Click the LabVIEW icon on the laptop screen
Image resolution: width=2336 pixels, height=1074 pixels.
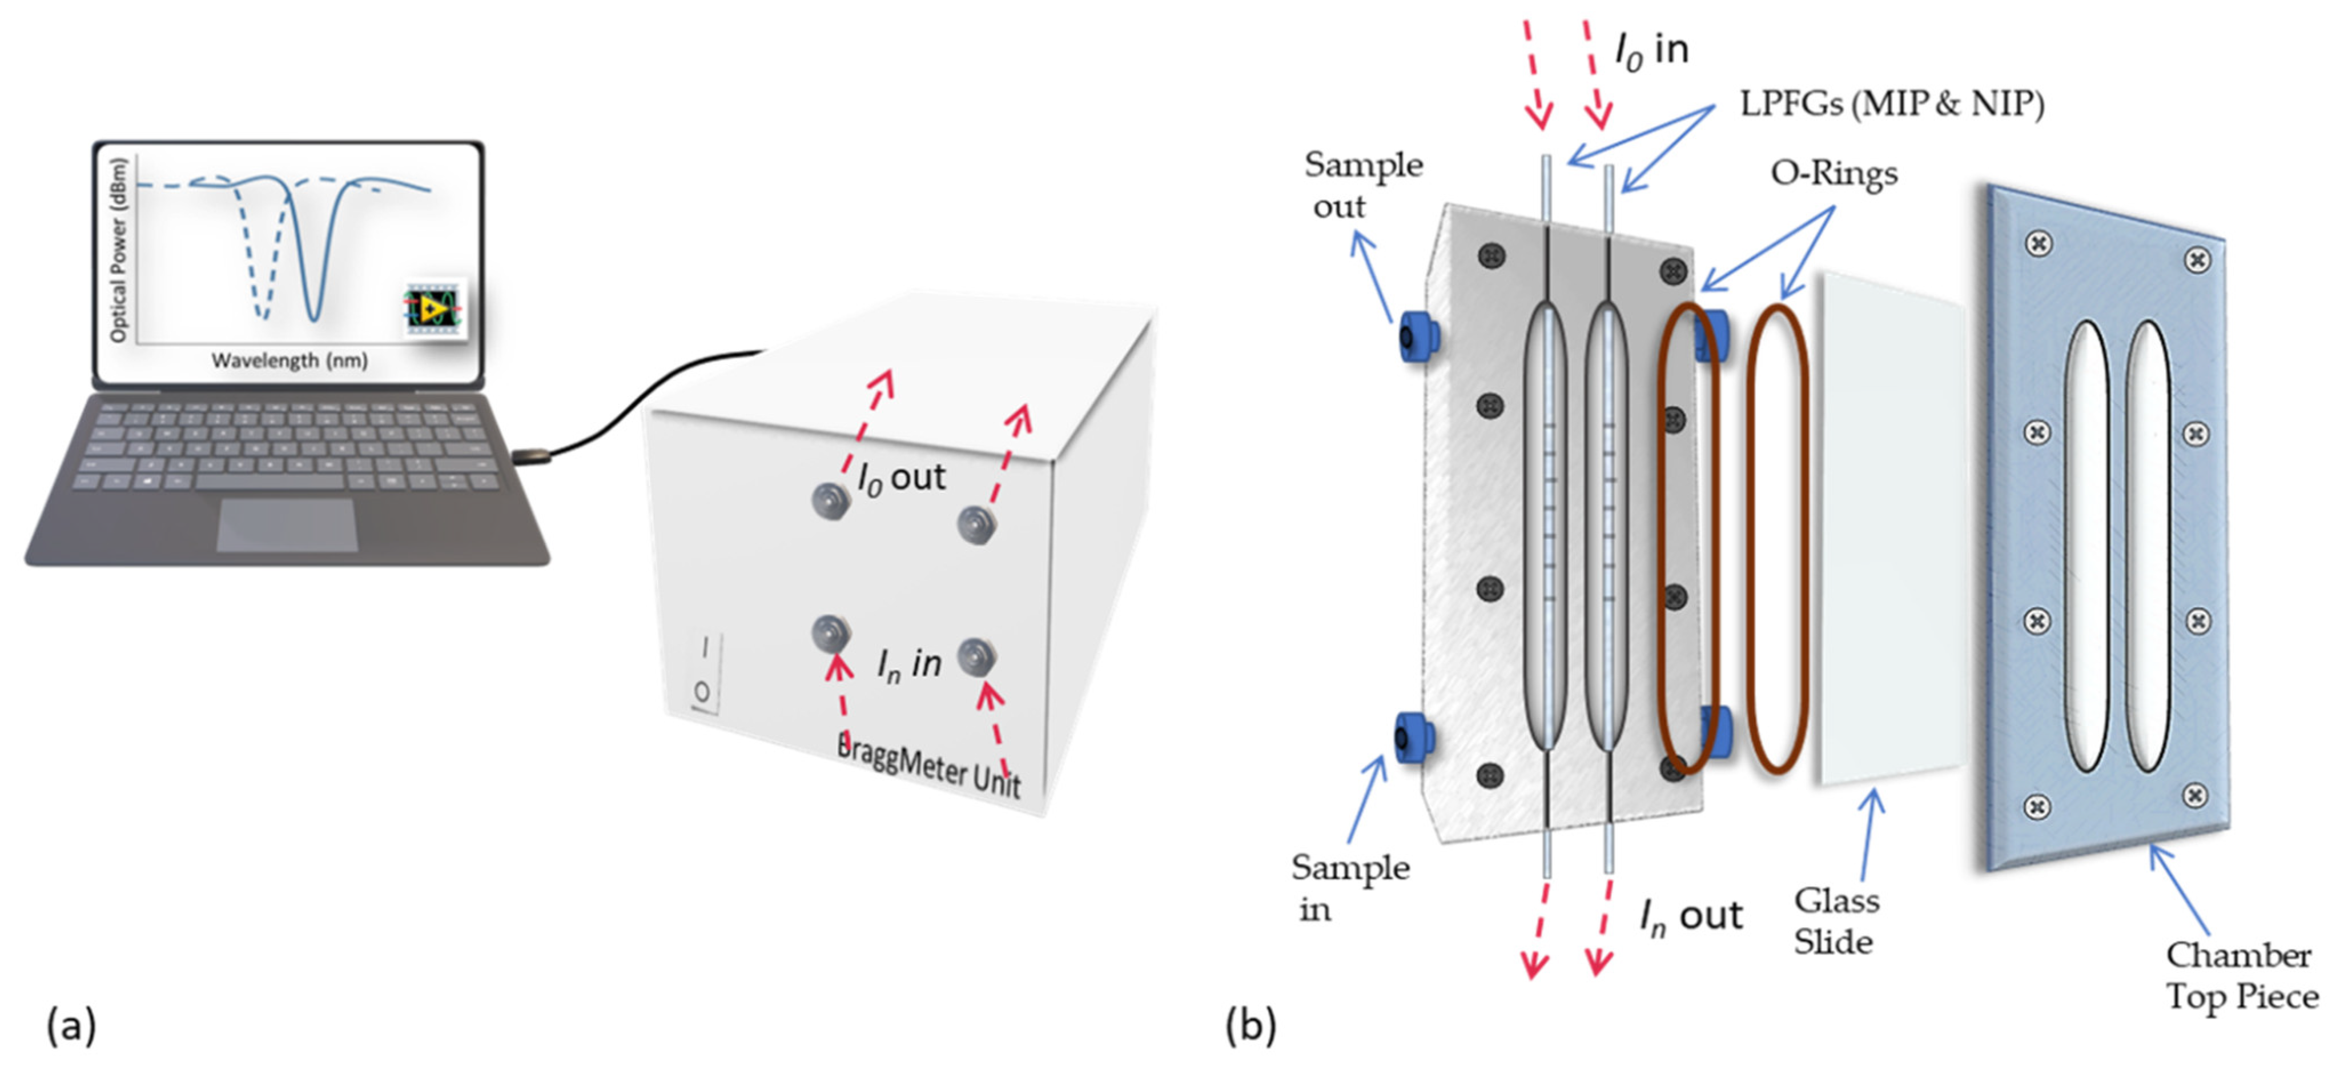[433, 308]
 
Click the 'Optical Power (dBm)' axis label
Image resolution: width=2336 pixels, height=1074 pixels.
[118, 250]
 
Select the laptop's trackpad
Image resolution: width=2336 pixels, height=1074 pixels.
[287, 524]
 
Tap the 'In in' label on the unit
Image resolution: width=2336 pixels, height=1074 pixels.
[908, 664]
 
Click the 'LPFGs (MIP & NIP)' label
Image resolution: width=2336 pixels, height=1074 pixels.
[1891, 105]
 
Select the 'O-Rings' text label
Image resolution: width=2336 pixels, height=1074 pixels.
[1834, 173]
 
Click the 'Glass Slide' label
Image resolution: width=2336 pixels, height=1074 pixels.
[1836, 921]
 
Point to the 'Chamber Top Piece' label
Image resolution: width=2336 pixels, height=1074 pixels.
[2241, 975]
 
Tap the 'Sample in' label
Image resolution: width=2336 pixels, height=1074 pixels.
[1349, 887]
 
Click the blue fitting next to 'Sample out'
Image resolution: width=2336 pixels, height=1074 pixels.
[1417, 336]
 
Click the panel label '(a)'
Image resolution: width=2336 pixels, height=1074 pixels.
[71, 1026]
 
